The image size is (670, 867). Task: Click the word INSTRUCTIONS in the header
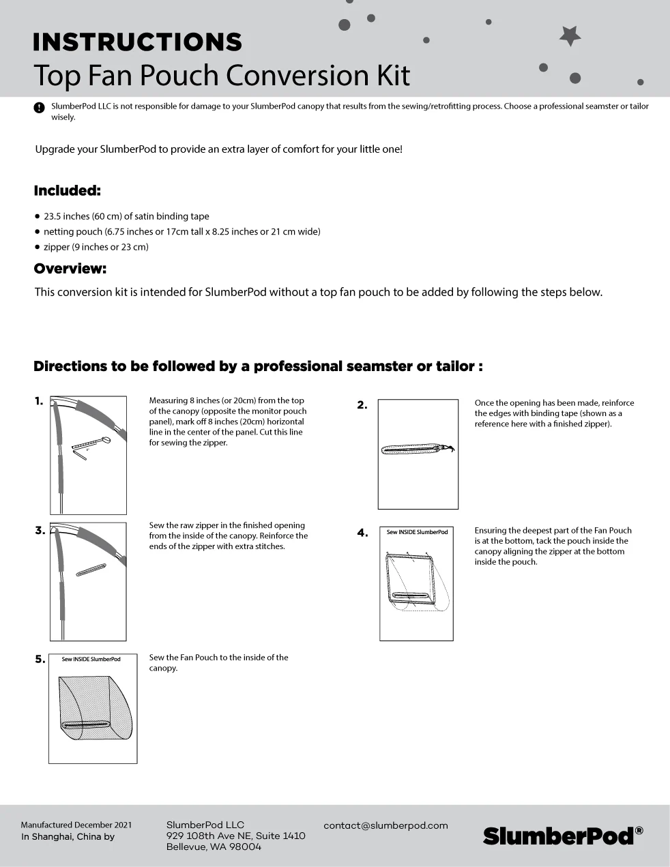[137, 42]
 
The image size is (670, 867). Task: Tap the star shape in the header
[570, 35]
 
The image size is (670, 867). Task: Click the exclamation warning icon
[39, 107]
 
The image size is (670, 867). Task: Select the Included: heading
[67, 191]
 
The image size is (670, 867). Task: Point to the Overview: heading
[70, 269]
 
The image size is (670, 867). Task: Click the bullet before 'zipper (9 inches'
[38, 247]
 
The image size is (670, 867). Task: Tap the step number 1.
[39, 401]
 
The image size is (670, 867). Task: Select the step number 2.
[362, 405]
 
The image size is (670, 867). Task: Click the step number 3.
[40, 531]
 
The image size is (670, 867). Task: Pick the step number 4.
[362, 533]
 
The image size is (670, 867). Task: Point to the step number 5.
[40, 659]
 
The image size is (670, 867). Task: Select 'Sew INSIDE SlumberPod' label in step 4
[417, 532]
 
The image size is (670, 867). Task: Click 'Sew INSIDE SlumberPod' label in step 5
[91, 659]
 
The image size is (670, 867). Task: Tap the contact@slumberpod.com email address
[385, 825]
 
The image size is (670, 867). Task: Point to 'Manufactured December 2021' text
[76, 825]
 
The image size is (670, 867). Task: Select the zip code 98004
[246, 847]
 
